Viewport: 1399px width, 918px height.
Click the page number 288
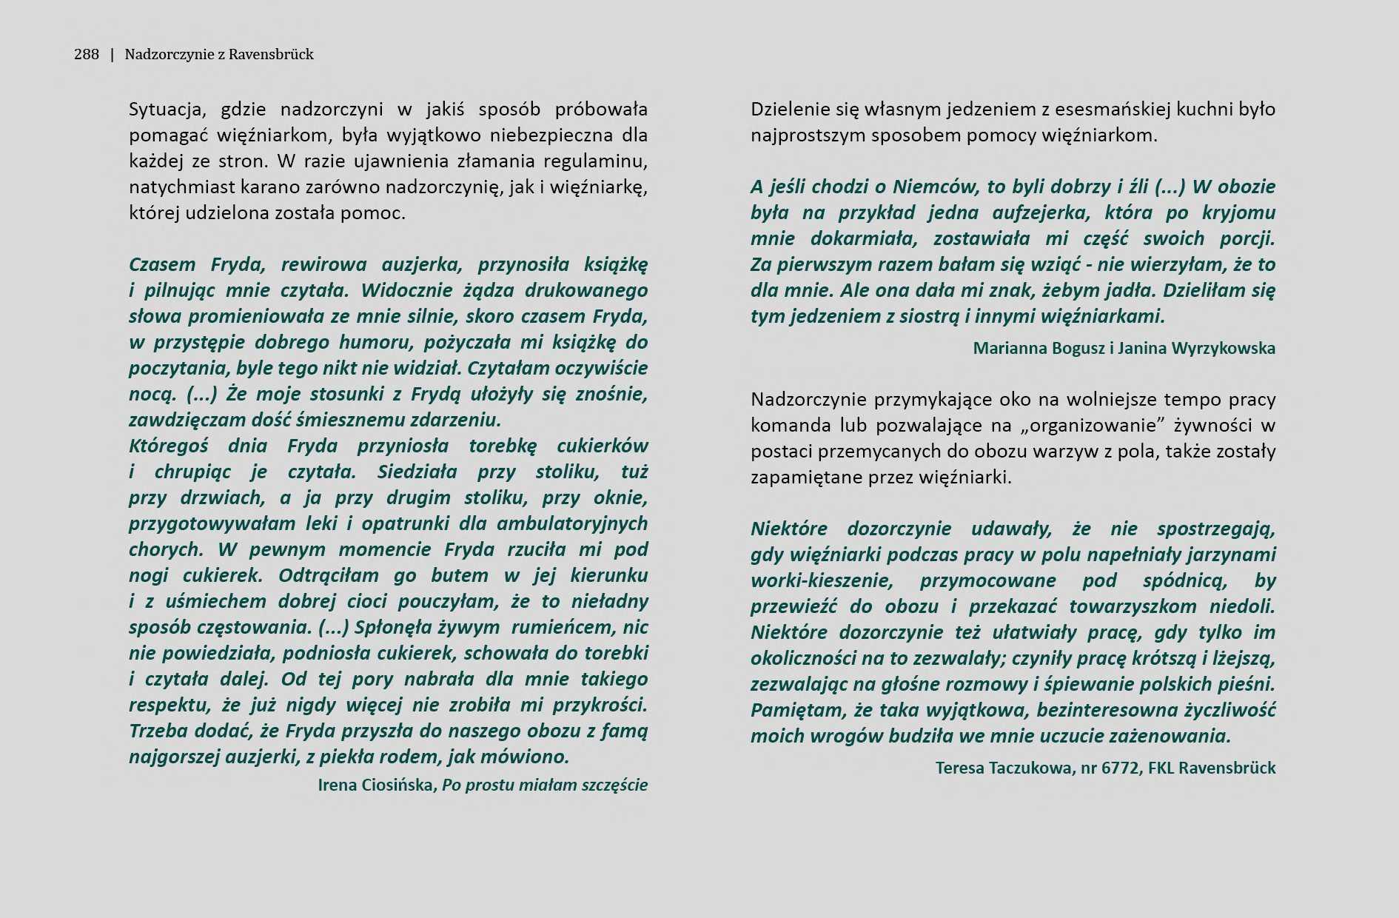[x=87, y=54]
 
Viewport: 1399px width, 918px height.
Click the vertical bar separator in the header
[x=112, y=54]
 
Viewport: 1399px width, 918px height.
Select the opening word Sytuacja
[x=167, y=110]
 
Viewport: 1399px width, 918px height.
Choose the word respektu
[x=168, y=705]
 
